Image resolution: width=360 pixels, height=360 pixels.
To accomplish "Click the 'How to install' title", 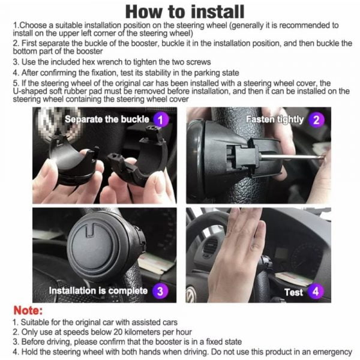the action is [185, 12].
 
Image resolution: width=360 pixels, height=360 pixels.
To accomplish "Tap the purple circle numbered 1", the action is [160, 119].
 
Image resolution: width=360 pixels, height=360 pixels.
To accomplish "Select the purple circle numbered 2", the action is [316, 120].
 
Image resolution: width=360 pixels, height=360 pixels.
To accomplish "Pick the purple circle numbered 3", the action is [160, 291].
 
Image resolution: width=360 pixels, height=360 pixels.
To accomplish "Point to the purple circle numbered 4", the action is [316, 292].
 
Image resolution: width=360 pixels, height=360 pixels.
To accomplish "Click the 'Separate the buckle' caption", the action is [107, 119].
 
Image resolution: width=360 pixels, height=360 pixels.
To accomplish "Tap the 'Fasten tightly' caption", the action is [275, 119].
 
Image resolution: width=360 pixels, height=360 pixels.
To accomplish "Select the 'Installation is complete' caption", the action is [98, 291].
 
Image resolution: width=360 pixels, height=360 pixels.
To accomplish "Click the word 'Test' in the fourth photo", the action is [293, 292].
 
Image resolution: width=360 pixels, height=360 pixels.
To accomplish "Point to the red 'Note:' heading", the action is [28, 310].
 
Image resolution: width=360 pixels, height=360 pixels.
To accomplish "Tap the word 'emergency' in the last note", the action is [332, 352].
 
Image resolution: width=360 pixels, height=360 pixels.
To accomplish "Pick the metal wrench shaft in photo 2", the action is [292, 157].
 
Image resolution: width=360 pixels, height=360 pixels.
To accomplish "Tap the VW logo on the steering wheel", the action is [191, 295].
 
